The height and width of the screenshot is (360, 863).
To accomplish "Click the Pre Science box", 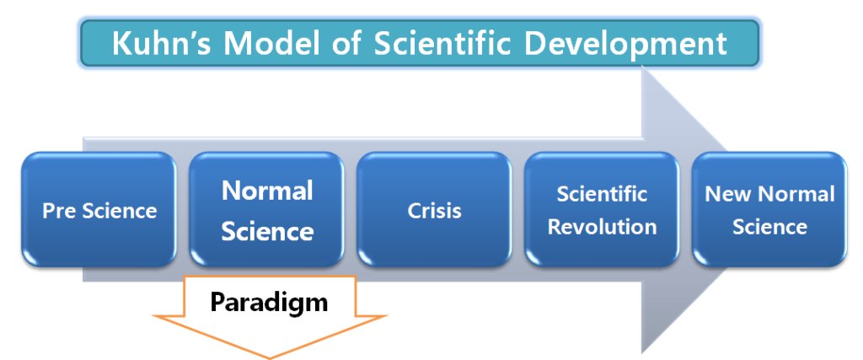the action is tap(99, 210).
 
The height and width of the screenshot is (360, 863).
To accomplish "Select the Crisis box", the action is tap(434, 210).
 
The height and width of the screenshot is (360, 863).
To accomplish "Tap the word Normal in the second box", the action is tap(267, 191).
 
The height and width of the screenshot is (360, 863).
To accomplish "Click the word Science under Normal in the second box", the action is tap(267, 231).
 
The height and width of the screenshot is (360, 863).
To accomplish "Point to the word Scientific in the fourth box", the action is tap(602, 194).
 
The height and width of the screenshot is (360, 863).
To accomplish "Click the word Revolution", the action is tap(602, 227).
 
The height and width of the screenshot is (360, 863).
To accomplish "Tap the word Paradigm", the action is tap(269, 302).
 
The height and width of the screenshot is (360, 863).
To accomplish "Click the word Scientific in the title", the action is tap(442, 43).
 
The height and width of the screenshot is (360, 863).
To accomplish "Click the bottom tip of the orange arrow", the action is tap(269, 358).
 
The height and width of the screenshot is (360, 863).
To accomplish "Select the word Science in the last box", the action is tap(769, 227).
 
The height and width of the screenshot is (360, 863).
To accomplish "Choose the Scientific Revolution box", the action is tap(602, 210).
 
